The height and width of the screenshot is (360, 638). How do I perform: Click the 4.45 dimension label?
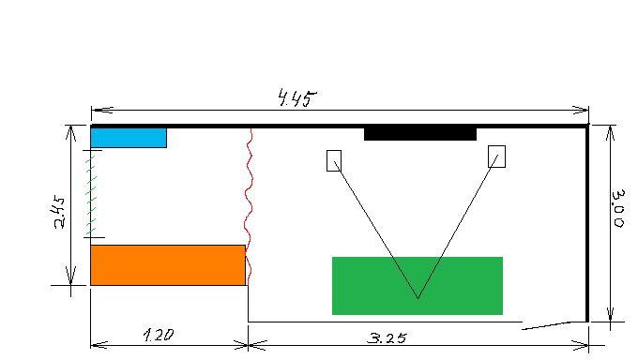(297, 98)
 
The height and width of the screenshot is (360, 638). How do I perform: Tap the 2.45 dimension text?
(59, 212)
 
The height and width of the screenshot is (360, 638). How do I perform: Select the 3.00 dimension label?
(619, 208)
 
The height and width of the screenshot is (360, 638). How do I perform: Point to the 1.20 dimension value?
(159, 335)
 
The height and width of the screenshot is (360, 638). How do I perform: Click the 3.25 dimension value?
(387, 338)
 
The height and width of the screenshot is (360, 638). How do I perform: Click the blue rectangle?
(129, 138)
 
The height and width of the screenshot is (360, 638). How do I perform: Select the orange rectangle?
(168, 265)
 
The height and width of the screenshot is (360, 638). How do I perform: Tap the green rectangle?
(418, 286)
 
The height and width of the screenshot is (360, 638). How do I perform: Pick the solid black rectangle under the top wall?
(420, 134)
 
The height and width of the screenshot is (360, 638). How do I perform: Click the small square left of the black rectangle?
(334, 160)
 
